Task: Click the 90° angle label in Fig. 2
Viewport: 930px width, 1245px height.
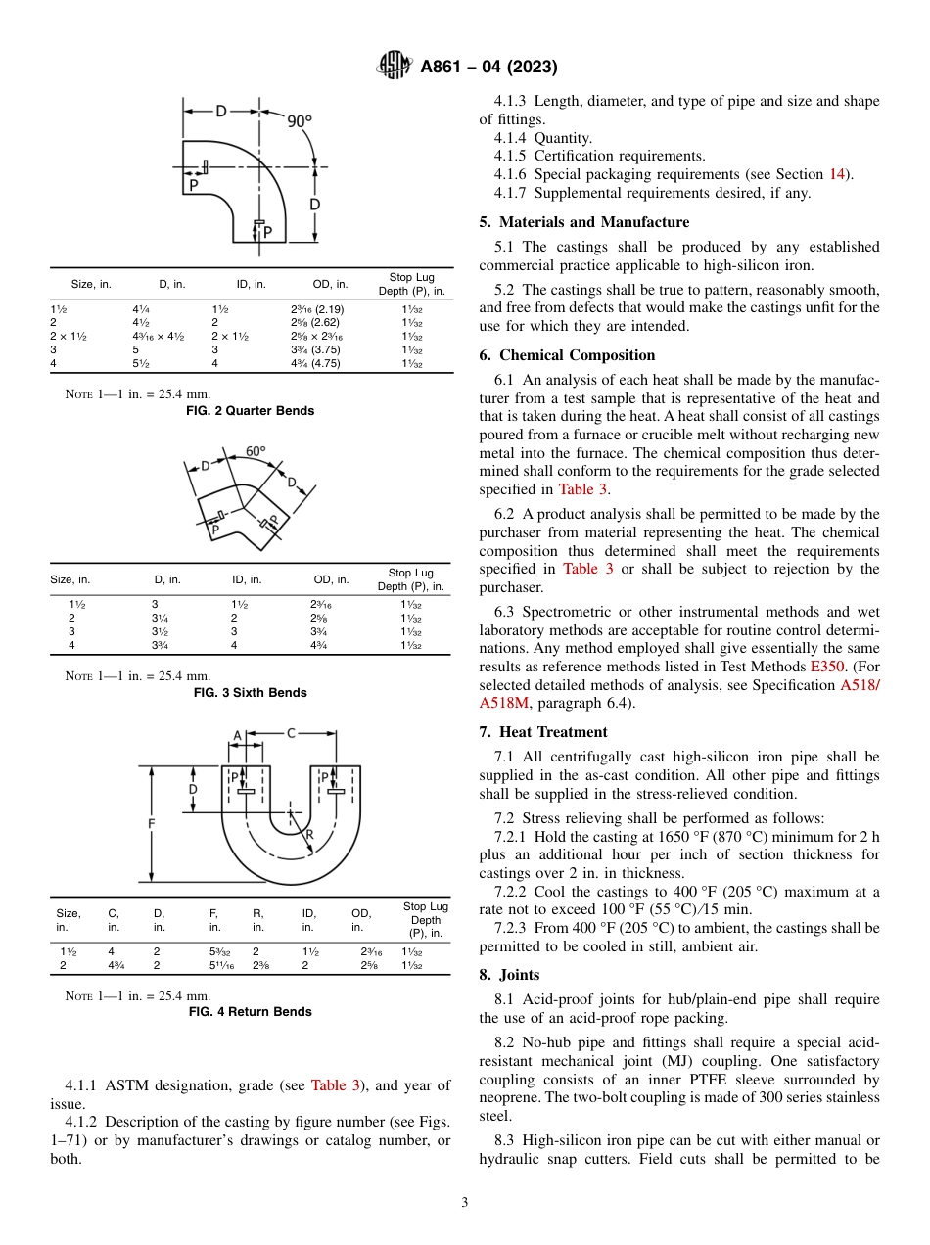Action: pyautogui.click(x=300, y=120)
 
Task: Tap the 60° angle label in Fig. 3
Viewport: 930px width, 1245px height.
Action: pyautogui.click(x=256, y=451)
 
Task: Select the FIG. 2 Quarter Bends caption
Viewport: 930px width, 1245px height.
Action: pyautogui.click(x=250, y=411)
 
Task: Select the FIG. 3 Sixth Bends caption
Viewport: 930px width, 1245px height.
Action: pyautogui.click(x=250, y=693)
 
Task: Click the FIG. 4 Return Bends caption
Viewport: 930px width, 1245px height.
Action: pyautogui.click(x=250, y=1012)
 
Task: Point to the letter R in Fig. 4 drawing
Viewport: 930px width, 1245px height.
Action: pyautogui.click(x=308, y=835)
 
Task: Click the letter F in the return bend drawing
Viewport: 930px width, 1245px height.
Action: pyautogui.click(x=151, y=824)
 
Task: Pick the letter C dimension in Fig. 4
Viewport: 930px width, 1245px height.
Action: pyautogui.click(x=291, y=732)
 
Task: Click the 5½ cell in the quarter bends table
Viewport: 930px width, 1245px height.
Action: pyautogui.click(x=140, y=364)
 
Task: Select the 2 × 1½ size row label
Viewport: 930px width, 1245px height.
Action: pyautogui.click(x=69, y=336)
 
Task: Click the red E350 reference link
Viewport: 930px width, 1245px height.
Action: pyautogui.click(x=825, y=667)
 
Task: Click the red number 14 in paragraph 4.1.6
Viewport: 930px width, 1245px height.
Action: pyautogui.click(x=837, y=174)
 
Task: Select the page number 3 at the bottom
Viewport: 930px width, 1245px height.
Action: pyautogui.click(x=464, y=1203)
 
